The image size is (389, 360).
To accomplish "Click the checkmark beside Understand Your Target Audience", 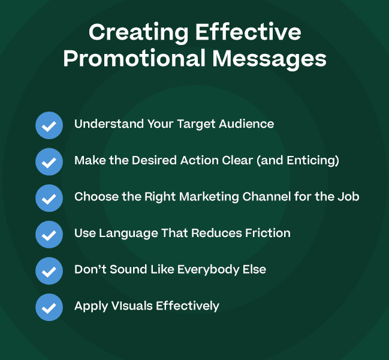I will (x=49, y=125).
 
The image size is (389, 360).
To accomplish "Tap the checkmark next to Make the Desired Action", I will (x=49, y=161).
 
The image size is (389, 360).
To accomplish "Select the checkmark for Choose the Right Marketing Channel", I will (x=49, y=198).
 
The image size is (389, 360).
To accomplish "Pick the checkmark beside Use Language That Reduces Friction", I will (x=49, y=234).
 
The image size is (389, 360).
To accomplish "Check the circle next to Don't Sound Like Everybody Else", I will (x=49, y=271).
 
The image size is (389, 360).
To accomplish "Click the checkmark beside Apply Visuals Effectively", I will (x=49, y=307).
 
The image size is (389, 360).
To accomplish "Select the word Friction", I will (x=267, y=233).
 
